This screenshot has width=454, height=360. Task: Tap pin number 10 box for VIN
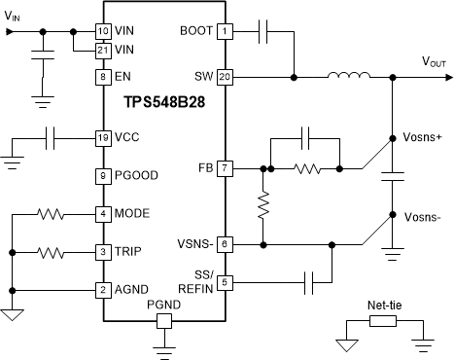(102, 31)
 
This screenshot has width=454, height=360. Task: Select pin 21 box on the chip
(102, 49)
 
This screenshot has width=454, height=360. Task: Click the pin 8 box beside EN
(102, 76)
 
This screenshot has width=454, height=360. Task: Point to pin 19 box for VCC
(102, 137)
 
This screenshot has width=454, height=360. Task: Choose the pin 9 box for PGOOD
(102, 175)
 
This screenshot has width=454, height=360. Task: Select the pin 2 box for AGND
(102, 289)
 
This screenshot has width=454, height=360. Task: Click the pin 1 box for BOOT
(226, 31)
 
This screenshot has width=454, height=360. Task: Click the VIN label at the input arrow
(15, 16)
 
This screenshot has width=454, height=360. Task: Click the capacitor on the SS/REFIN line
(310, 283)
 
